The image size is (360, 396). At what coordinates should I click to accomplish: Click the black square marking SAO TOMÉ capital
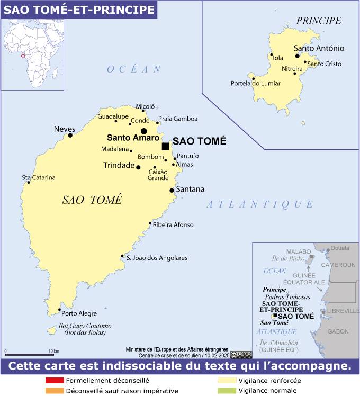(166, 146)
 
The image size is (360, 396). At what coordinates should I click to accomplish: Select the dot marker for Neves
(70, 136)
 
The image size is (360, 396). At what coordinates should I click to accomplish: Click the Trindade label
(119, 166)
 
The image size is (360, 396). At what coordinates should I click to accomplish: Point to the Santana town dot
(172, 190)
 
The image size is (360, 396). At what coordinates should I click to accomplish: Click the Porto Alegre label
(79, 313)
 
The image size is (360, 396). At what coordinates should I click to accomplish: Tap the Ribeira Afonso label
(173, 224)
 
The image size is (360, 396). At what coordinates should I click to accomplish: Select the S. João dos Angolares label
(157, 258)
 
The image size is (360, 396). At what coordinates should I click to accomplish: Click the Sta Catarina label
(38, 177)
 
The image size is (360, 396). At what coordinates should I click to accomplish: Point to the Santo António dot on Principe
(298, 55)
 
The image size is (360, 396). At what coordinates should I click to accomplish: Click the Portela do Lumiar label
(256, 83)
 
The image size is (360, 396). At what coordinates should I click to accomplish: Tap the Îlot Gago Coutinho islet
(52, 330)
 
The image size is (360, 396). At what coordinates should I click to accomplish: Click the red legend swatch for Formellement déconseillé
(55, 380)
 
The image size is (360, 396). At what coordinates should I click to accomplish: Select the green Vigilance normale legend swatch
(227, 391)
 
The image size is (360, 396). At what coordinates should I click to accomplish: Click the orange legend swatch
(55, 391)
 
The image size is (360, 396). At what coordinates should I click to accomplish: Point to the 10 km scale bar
(30, 354)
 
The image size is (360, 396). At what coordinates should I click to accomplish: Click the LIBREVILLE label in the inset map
(343, 311)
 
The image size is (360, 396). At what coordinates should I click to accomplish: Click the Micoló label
(145, 106)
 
